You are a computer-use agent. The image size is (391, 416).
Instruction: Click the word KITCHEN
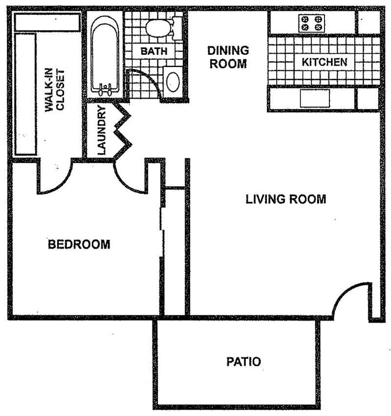click(324, 62)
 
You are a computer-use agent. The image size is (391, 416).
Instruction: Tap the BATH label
click(154, 51)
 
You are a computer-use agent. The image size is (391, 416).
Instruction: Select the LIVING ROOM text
click(286, 199)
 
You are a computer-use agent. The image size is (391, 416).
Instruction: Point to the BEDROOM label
click(79, 244)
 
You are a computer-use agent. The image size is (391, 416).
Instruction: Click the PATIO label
click(243, 362)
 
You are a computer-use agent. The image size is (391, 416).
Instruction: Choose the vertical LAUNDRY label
click(101, 131)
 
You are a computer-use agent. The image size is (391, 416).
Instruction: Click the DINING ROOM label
click(228, 57)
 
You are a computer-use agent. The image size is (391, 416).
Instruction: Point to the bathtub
click(104, 54)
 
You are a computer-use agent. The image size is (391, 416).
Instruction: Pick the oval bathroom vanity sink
click(172, 82)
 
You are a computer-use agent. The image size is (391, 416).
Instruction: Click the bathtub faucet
click(104, 89)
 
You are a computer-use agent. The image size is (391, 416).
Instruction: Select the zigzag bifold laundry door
click(123, 131)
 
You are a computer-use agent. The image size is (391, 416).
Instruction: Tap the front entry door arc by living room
click(351, 298)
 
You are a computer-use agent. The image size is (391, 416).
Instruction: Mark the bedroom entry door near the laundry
click(129, 177)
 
